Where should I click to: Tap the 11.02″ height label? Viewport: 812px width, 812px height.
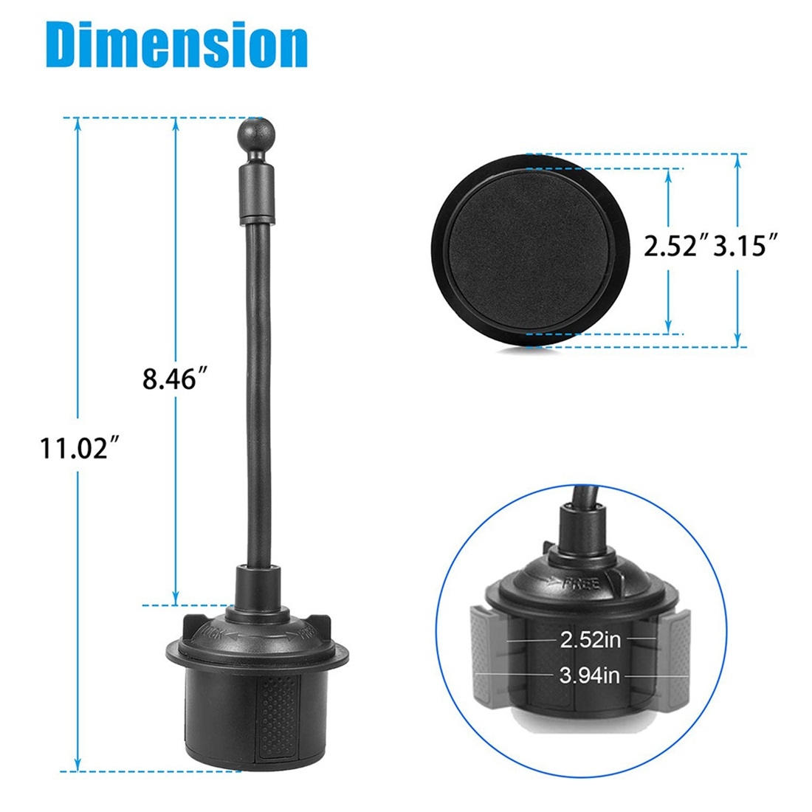80,449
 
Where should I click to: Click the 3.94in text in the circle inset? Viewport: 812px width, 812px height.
589,675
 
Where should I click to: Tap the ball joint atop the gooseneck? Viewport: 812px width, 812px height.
256,134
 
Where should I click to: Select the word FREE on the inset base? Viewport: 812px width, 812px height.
581,584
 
